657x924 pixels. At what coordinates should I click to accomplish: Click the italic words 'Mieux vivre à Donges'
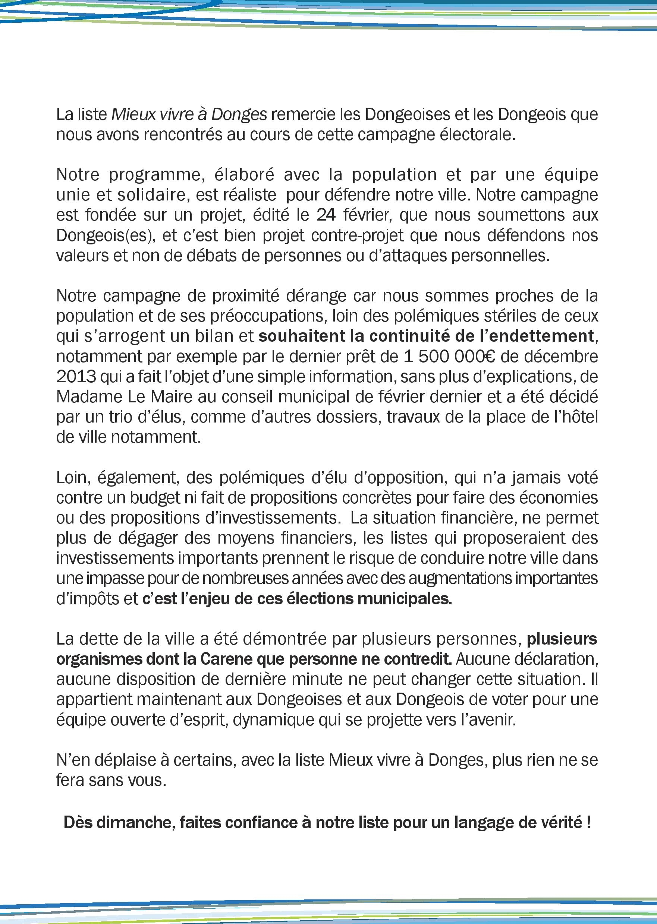point(189,115)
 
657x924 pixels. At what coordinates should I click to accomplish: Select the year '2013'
point(76,377)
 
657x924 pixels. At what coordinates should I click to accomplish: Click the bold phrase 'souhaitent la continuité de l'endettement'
point(425,336)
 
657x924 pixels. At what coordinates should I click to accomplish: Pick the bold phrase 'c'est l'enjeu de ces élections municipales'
point(296,599)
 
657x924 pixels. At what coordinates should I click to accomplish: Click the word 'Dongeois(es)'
point(106,235)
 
